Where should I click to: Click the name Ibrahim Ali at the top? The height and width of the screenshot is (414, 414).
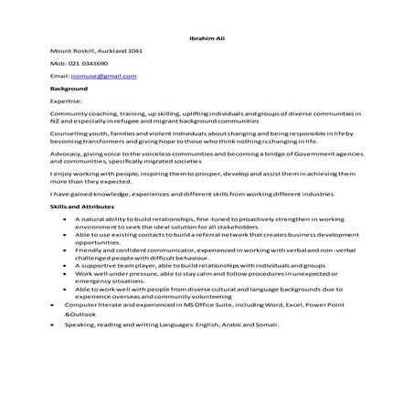pyautogui.click(x=206, y=39)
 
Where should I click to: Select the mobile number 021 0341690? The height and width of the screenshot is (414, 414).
pyautogui.click(x=89, y=64)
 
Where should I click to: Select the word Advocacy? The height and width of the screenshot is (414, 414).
pyautogui.click(x=69, y=154)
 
